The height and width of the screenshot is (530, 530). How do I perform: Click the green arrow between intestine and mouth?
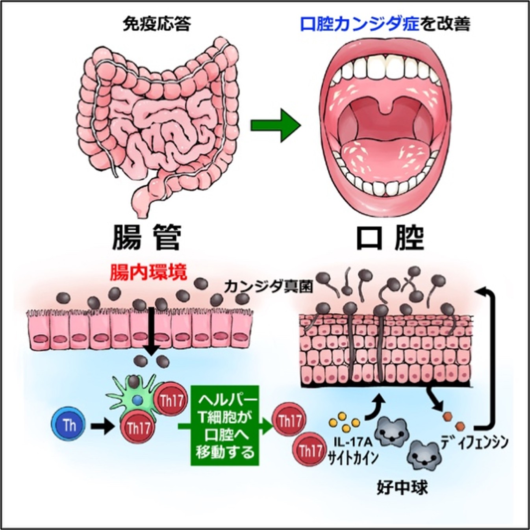pyautogui.click(x=276, y=126)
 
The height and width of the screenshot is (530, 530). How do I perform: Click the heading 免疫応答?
pyautogui.click(x=157, y=24)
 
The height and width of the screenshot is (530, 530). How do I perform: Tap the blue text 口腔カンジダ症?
pyautogui.click(x=359, y=24)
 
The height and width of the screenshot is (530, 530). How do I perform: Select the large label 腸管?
pyautogui.click(x=147, y=237)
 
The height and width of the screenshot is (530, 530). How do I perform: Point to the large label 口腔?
pyautogui.click(x=390, y=237)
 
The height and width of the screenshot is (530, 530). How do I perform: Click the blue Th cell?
pyautogui.click(x=69, y=425)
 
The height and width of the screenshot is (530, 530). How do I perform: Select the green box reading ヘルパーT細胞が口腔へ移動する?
pyautogui.click(x=225, y=425)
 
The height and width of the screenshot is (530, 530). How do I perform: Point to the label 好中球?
pyautogui.click(x=402, y=488)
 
